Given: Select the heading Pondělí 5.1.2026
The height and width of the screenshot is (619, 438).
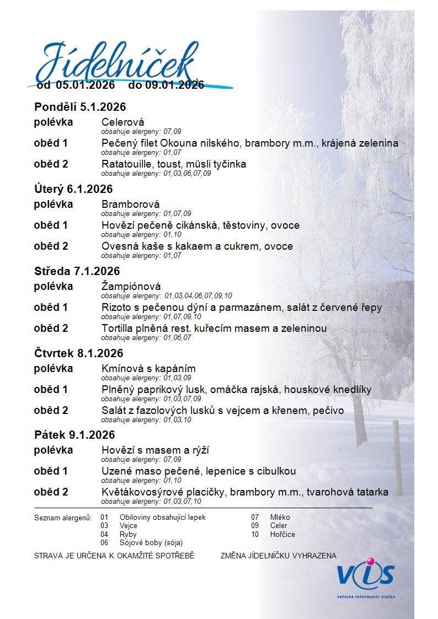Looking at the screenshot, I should pyautogui.click(x=80, y=107).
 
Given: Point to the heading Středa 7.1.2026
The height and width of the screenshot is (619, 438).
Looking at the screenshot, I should pyautogui.click(x=77, y=271).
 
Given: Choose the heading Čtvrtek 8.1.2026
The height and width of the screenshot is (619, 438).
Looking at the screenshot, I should pyautogui.click(x=78, y=353).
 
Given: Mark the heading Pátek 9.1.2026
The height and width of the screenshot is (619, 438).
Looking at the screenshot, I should pyautogui.click(x=74, y=435).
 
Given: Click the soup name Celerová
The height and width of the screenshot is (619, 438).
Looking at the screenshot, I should pyautogui.click(x=122, y=122).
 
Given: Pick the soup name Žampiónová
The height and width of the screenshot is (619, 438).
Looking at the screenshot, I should pyautogui.click(x=131, y=287).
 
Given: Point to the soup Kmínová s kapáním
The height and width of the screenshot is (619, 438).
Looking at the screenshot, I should pyautogui.click(x=148, y=369).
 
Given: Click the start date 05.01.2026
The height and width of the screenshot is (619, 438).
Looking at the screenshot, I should pyautogui.click(x=86, y=85).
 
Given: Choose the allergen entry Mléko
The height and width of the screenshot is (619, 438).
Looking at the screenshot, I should pyautogui.click(x=280, y=518).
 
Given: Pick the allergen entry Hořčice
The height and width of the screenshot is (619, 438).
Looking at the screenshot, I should pyautogui.click(x=282, y=535).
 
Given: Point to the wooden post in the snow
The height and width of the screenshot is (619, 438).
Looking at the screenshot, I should pyautogui.click(x=397, y=457).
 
